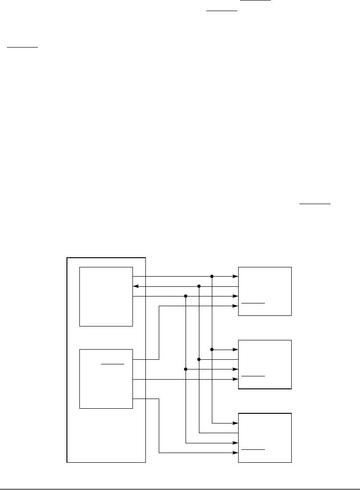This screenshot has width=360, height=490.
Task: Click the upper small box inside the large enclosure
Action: [x=106, y=296]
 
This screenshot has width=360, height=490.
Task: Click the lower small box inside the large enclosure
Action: [x=106, y=379]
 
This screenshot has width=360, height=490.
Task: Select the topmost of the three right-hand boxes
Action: [x=265, y=291]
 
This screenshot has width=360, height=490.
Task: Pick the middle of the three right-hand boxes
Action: [x=265, y=364]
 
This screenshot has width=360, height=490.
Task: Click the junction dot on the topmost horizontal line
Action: [x=212, y=277]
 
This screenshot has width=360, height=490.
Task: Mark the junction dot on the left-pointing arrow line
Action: [x=199, y=286]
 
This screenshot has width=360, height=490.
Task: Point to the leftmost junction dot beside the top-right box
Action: [x=186, y=296]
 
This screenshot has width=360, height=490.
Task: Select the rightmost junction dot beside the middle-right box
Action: [x=212, y=349]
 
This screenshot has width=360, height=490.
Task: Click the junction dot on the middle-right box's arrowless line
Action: [x=199, y=359]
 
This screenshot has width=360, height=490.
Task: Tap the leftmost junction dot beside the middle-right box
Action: [x=186, y=369]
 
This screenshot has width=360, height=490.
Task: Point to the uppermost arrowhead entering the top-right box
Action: [x=235, y=277]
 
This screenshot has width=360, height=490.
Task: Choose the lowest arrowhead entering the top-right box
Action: [x=235, y=305]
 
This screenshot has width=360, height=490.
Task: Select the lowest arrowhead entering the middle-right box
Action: [x=235, y=379]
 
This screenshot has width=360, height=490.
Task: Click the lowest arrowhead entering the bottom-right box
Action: [x=235, y=452]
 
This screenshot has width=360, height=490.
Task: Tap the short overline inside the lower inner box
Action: [x=113, y=364]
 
